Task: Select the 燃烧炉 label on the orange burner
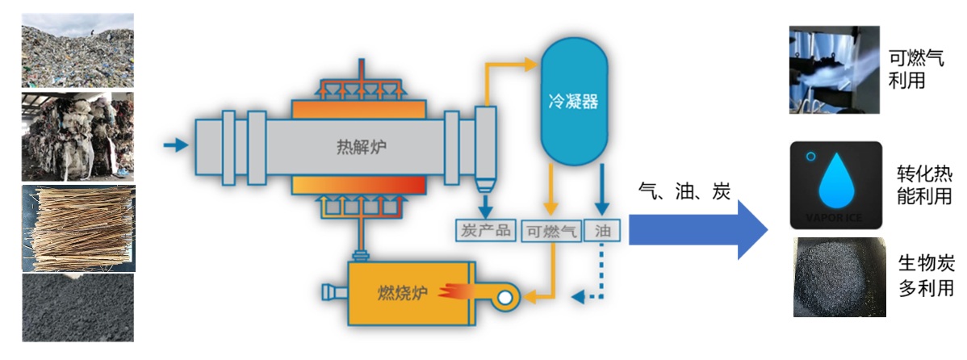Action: point(403,292)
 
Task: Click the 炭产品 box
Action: point(485,231)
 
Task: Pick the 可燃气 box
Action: point(551,232)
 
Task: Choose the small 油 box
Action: point(601,232)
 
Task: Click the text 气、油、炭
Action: point(684,191)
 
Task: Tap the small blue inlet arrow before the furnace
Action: point(174,145)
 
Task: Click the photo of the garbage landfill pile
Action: point(77,49)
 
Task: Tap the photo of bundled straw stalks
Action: point(77,229)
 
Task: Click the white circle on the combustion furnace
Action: point(504,298)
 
